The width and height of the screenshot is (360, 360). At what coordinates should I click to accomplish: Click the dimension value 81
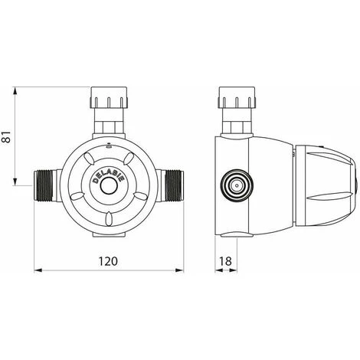(x=7, y=137)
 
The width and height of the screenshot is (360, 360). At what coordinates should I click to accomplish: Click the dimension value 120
(x=108, y=261)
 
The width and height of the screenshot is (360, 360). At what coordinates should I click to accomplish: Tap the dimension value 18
(x=226, y=261)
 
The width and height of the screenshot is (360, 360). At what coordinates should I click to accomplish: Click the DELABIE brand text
(x=108, y=176)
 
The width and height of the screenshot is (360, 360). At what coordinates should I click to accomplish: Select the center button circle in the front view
(x=109, y=186)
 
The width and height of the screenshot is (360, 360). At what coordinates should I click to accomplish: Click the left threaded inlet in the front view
(x=44, y=186)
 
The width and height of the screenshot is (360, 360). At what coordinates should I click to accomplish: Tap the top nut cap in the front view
(x=109, y=97)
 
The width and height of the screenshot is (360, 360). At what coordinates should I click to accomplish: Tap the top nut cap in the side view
(x=237, y=97)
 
